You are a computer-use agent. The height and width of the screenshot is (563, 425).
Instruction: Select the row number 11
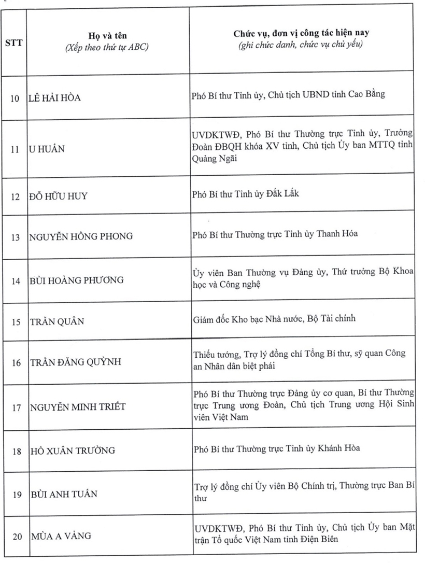pos(16,150)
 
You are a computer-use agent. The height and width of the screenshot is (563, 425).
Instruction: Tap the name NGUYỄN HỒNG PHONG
pos(80,236)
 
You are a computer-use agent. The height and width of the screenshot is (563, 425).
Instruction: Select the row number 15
pos(16,322)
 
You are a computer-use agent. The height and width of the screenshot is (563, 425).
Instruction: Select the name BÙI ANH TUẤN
pos(63,494)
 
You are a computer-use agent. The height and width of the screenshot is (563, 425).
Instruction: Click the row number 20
pos(16,537)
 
